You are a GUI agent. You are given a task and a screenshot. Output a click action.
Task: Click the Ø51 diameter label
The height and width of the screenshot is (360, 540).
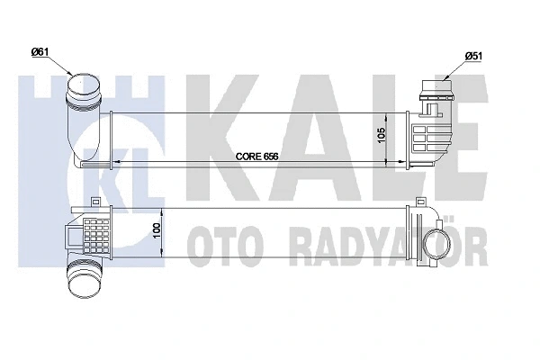tap(475, 56)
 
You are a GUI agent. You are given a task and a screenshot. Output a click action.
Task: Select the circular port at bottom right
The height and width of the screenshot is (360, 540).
tap(432, 247)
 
